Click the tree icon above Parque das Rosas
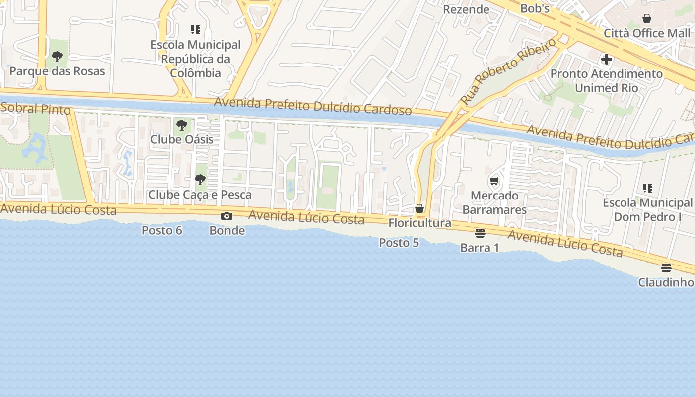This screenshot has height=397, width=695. tap(57, 56)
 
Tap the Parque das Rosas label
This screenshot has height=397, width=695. tap(57, 71)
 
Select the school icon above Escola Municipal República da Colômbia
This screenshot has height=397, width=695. tap(196, 30)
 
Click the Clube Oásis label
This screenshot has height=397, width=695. tap(182, 139)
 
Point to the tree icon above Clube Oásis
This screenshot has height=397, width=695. tap(182, 125)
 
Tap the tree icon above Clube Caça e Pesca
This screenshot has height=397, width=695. tap(200, 180)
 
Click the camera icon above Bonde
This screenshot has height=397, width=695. tap(227, 216)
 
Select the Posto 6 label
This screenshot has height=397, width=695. tap(162, 230)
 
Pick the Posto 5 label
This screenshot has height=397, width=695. tap(399, 243)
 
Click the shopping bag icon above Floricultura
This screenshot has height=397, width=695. tap(419, 208)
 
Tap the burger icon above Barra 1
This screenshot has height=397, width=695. tap(480, 233)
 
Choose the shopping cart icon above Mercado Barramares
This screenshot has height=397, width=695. tap(494, 181)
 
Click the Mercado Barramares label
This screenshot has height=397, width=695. tap(494, 202)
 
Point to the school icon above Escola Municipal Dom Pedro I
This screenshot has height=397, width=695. tap(647, 188)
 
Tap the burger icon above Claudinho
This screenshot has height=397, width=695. tap(666, 268)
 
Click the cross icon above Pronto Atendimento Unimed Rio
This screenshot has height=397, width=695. tap(606, 59)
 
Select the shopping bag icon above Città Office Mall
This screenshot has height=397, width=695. tap(646, 18)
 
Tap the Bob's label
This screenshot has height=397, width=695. tap(535, 8)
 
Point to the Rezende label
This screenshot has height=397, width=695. tap(466, 9)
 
